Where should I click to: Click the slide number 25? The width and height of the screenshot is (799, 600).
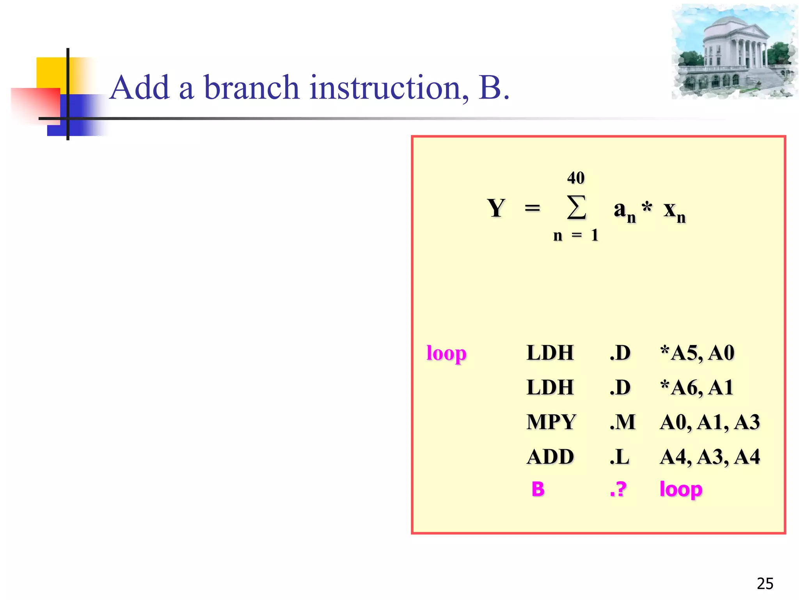click(765, 584)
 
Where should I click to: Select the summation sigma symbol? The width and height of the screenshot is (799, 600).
click(576, 207)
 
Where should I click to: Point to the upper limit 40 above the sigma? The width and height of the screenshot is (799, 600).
click(576, 178)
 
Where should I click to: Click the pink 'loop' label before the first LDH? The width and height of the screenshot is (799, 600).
click(446, 354)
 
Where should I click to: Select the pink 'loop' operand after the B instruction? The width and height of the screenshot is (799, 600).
click(681, 489)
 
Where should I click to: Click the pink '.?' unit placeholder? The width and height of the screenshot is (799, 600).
click(618, 489)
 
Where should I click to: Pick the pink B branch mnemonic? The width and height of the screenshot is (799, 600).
click(538, 489)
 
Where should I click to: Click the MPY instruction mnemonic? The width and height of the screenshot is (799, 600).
click(551, 422)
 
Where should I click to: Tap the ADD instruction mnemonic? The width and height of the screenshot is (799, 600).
click(550, 457)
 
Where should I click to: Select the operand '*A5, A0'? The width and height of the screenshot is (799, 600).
click(697, 353)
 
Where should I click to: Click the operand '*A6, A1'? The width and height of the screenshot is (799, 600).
click(697, 387)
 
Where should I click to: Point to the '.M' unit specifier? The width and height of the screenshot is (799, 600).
click(623, 422)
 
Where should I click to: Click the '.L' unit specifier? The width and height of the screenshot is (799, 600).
click(620, 457)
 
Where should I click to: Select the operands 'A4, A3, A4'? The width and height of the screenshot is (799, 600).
click(710, 457)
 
